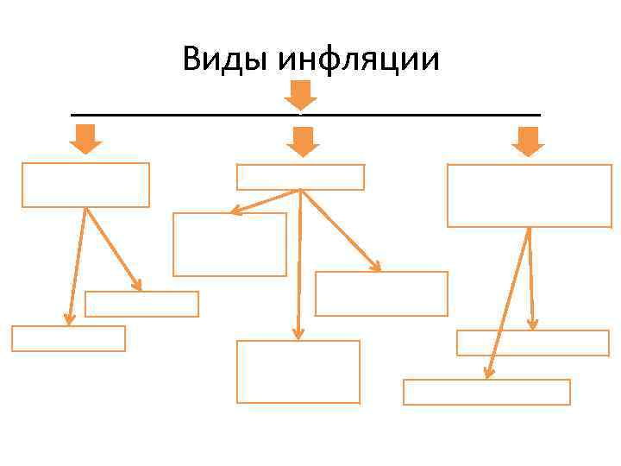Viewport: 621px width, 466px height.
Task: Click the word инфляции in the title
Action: (359, 60)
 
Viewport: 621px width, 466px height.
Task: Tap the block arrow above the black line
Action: (300, 94)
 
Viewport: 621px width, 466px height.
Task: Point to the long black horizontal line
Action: (172, 115)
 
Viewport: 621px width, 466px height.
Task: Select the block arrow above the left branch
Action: (85, 139)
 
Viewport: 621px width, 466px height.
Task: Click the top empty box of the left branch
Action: (85, 185)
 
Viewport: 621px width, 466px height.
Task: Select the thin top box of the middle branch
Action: (300, 177)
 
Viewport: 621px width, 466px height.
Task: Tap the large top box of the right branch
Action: (529, 196)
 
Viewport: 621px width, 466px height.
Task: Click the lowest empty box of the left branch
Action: (68, 338)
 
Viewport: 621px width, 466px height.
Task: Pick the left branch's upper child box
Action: (141, 304)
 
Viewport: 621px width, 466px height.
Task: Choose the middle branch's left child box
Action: (229, 244)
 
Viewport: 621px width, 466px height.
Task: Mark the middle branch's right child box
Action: (381, 293)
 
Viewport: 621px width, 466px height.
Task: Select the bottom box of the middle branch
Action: (298, 371)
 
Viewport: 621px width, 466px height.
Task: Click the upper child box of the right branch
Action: (532, 343)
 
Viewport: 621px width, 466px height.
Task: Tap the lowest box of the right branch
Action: (486, 392)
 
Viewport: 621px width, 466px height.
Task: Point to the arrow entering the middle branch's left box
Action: (263, 202)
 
